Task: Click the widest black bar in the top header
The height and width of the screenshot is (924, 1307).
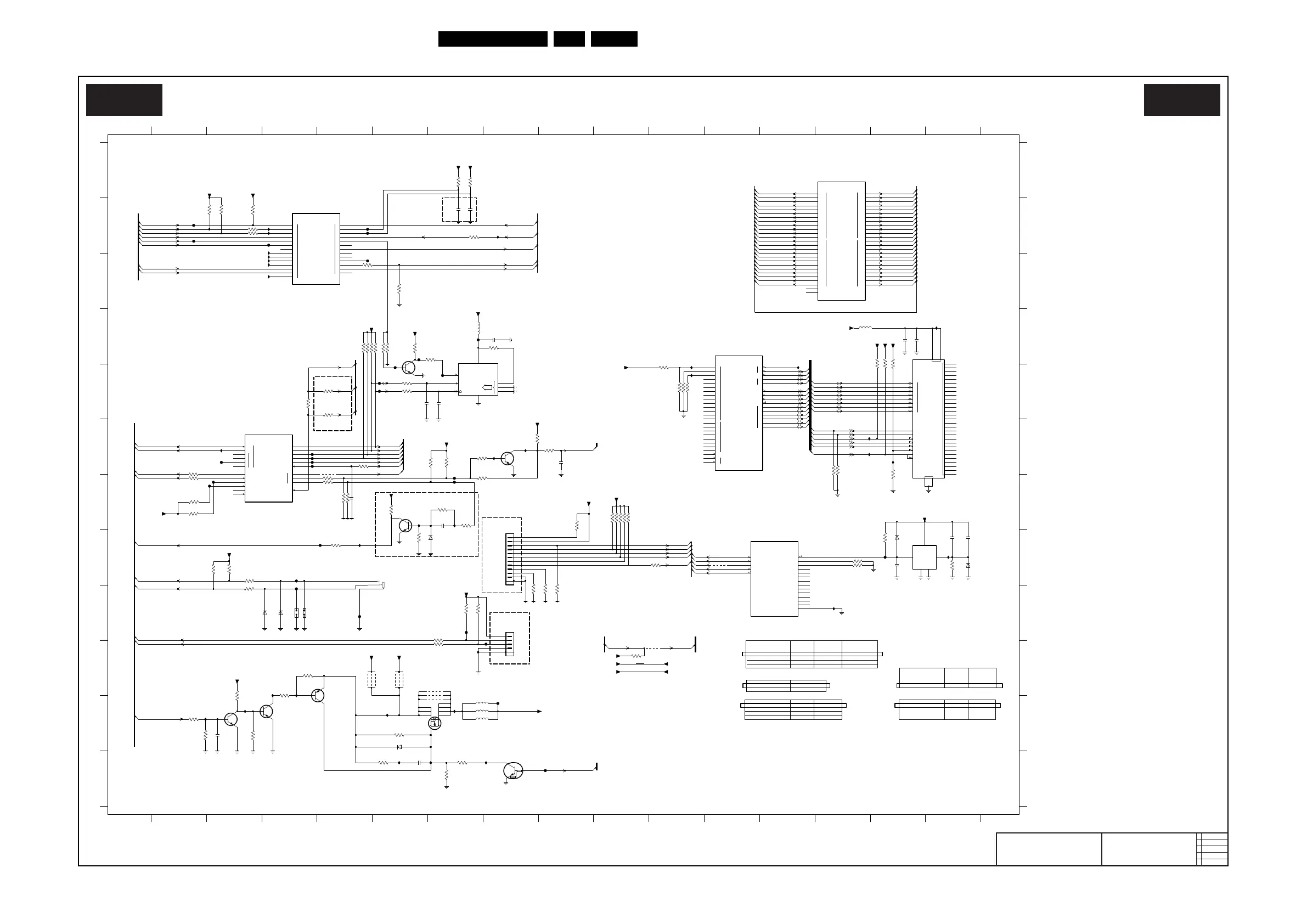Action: pos(492,39)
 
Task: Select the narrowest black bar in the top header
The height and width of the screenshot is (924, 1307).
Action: pos(568,39)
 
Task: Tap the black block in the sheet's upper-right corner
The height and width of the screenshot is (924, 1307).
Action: pos(1182,100)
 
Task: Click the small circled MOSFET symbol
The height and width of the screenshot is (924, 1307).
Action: pos(435,723)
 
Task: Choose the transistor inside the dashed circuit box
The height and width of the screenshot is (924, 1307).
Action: pos(405,526)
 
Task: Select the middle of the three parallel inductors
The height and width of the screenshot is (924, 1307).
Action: pos(482,711)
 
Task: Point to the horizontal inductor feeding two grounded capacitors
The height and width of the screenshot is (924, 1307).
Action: pos(865,328)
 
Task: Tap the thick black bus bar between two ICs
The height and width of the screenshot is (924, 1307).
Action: pos(810,405)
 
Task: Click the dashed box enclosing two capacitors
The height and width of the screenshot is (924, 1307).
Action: pos(459,210)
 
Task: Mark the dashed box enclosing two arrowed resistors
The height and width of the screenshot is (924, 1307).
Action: pos(333,403)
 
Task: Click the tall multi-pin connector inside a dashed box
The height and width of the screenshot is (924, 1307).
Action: pos(510,559)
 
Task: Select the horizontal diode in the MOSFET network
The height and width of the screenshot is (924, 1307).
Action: pos(399,747)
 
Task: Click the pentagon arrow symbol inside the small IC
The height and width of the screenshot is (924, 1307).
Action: pos(487,388)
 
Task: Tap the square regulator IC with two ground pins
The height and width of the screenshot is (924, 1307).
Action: pos(924,557)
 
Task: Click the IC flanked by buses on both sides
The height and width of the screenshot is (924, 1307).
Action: pos(841,241)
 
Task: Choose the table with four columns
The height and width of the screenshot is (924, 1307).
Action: pos(811,654)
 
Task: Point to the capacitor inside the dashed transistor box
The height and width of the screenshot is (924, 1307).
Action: pos(442,526)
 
